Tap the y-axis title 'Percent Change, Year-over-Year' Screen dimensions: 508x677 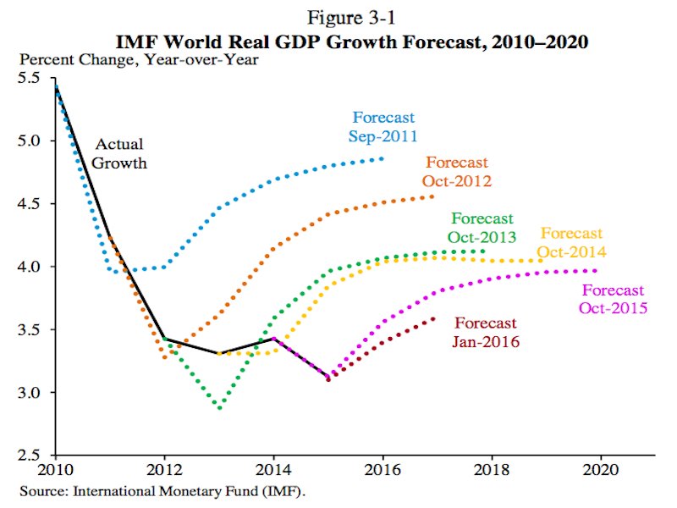139,59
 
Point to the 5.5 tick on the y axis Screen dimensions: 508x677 30,78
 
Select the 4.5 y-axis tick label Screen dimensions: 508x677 30,204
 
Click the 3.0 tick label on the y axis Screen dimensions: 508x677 30,393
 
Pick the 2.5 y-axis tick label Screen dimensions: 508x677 30,456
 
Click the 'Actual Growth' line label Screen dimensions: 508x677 120,153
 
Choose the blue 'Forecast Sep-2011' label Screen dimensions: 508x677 384,126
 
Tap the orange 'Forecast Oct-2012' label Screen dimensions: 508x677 457,171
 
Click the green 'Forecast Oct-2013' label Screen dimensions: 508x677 482,227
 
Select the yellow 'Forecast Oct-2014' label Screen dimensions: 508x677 572,242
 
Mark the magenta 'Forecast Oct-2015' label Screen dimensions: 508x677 613,299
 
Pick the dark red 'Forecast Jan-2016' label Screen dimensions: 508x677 486,332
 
